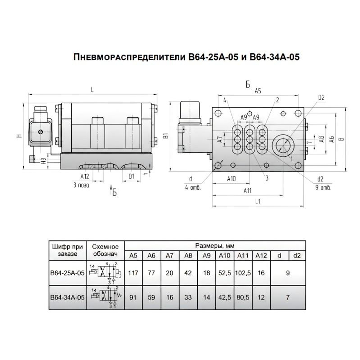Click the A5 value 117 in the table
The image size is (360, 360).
[133, 273]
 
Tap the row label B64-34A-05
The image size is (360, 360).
[68, 297]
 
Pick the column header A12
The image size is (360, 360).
[261, 256]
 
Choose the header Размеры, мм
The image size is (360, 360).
[215, 246]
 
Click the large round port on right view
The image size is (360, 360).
[284, 145]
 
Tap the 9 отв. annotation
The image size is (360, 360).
[325, 188]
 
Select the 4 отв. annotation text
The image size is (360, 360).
[194, 188]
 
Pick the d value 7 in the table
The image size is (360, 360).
[288, 297]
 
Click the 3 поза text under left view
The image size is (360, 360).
[81, 186]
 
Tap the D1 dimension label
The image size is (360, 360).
[131, 177]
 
